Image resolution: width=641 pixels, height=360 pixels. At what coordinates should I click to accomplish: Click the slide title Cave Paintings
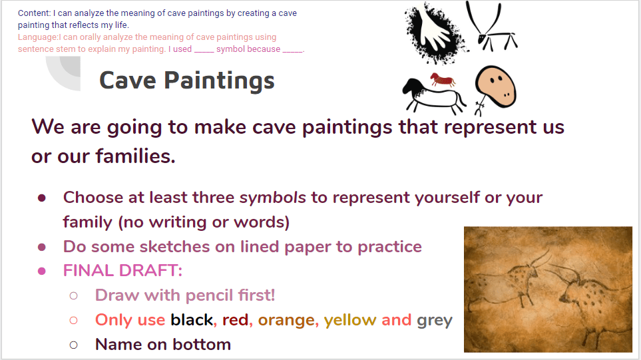point(187,80)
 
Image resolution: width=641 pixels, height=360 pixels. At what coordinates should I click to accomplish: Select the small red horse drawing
point(443,79)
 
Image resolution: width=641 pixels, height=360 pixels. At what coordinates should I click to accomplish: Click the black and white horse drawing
point(433,96)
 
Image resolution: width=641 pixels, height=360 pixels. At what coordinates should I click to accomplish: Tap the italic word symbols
point(272,198)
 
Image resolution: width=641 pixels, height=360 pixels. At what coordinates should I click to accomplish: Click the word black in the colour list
point(192,320)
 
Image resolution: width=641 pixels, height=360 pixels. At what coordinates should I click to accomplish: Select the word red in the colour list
point(235,320)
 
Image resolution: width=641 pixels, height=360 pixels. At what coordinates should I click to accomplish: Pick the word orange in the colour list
point(287,321)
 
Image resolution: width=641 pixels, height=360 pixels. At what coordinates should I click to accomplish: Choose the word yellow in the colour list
point(350,320)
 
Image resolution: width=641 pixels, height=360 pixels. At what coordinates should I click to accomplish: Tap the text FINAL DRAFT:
point(122,271)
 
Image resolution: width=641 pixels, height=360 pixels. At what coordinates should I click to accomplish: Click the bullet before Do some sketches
point(42,248)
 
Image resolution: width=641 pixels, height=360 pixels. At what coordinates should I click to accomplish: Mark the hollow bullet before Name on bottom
point(74,345)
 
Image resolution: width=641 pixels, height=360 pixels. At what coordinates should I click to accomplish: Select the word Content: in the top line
point(35,13)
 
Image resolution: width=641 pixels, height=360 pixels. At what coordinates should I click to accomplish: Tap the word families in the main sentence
point(135,156)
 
